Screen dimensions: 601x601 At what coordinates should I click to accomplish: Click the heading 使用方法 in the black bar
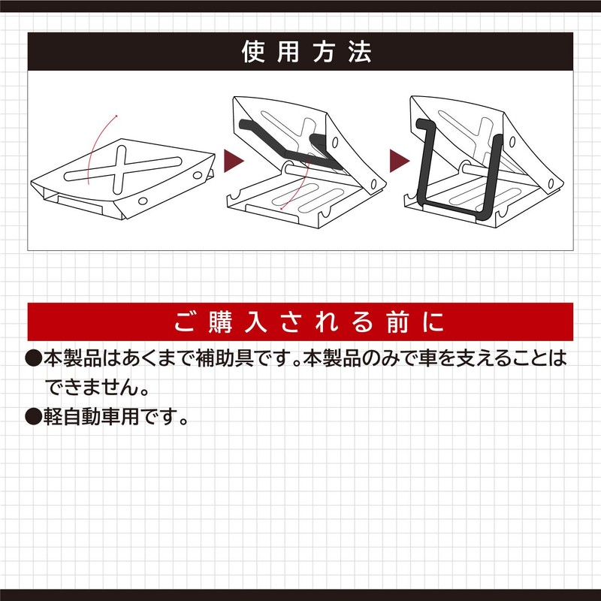coord(300,52)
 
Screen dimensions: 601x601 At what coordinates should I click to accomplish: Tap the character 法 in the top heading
coord(359,52)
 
